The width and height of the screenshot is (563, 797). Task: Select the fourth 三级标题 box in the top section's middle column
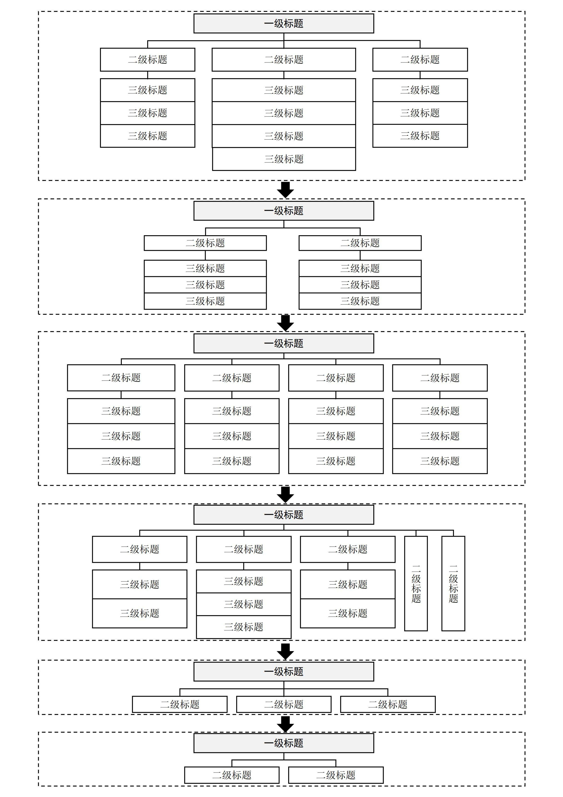pyautogui.click(x=284, y=159)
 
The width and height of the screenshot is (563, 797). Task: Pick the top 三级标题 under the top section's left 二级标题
pyautogui.click(x=147, y=90)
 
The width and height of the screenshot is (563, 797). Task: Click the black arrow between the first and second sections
pyautogui.click(x=285, y=190)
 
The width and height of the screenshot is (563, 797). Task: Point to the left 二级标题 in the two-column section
pyautogui.click(x=205, y=243)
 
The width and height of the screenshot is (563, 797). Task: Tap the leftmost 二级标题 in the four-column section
pyautogui.click(x=121, y=378)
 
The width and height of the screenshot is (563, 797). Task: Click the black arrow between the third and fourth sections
pyautogui.click(x=285, y=494)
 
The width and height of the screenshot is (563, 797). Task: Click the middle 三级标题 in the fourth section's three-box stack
pyautogui.click(x=244, y=604)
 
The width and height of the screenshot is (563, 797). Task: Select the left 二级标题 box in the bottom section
pyautogui.click(x=232, y=775)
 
